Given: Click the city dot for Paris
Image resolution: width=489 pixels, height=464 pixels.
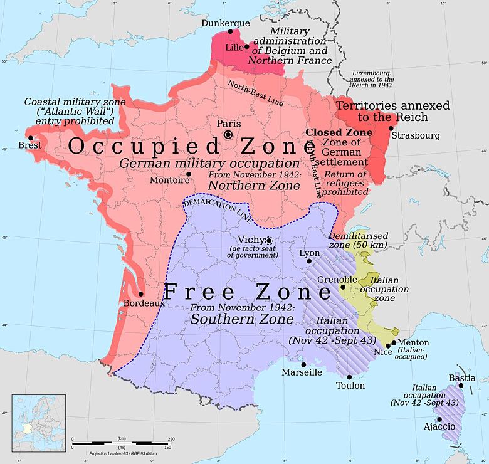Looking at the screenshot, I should point(229,134).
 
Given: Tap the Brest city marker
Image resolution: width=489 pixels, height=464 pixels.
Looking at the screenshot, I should point(29,138).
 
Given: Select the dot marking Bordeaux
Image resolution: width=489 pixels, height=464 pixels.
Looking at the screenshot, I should point(140,293).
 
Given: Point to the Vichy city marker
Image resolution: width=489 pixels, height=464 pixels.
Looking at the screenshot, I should point(269,240).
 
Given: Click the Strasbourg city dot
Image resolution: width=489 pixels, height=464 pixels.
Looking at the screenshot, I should point(391,128).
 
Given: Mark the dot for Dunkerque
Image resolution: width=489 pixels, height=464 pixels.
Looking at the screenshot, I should point(230,31).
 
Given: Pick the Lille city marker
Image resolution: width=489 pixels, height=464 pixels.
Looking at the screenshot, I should point(246,46).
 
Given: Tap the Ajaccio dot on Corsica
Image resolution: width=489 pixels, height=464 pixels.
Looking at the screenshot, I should point(439,419).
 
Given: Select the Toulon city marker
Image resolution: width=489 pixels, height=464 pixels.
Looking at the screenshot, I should point(349,377).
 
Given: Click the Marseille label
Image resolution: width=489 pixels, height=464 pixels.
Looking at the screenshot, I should point(302,372).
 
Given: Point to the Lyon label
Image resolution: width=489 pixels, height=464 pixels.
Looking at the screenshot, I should point(309,253).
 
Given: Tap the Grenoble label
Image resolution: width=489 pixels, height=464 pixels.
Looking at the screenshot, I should point(337,279).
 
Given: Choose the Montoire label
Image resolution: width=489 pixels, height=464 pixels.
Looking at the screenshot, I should point(169,181).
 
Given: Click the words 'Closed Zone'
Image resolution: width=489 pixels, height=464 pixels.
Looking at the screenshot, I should point(339,133).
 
